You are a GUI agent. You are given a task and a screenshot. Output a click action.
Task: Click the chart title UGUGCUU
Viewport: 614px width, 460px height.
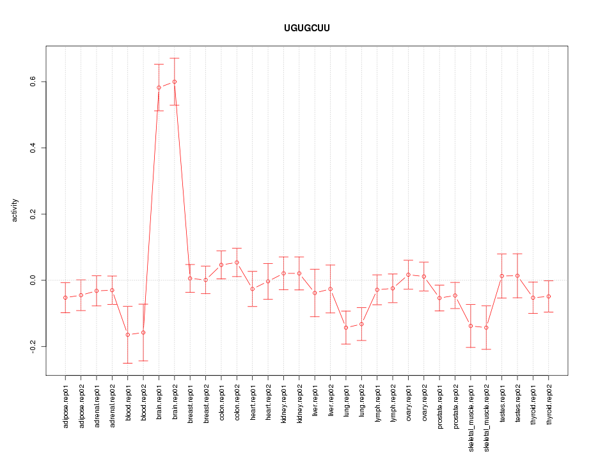click(x=307, y=29)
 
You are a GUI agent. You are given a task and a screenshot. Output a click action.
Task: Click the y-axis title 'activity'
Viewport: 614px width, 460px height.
click(x=15, y=210)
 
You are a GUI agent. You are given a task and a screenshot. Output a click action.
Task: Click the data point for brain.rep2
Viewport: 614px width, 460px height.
click(x=175, y=82)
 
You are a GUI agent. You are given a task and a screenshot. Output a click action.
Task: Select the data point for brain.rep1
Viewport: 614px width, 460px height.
click(x=159, y=88)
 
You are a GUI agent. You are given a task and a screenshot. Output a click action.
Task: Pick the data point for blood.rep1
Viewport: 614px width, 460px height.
click(x=128, y=335)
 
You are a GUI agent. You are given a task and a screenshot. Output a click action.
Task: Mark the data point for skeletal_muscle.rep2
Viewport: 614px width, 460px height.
click(x=486, y=328)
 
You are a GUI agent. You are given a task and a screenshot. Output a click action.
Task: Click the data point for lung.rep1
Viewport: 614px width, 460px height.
click(x=346, y=328)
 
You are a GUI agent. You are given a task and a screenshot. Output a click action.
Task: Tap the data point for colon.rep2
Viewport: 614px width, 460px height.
click(x=237, y=263)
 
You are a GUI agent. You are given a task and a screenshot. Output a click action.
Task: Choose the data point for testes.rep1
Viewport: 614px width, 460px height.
click(x=502, y=276)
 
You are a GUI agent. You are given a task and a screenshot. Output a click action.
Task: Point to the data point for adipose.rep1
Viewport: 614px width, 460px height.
click(x=65, y=298)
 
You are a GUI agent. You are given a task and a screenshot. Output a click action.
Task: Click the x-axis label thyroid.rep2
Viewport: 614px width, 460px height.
click(x=549, y=406)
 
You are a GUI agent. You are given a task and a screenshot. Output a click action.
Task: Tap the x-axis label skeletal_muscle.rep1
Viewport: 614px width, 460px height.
click(x=471, y=415)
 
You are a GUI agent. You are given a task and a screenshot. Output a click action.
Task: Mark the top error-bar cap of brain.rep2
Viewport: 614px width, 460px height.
click(x=175, y=58)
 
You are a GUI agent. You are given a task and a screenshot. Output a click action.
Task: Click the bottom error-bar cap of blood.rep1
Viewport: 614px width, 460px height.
click(x=128, y=363)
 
